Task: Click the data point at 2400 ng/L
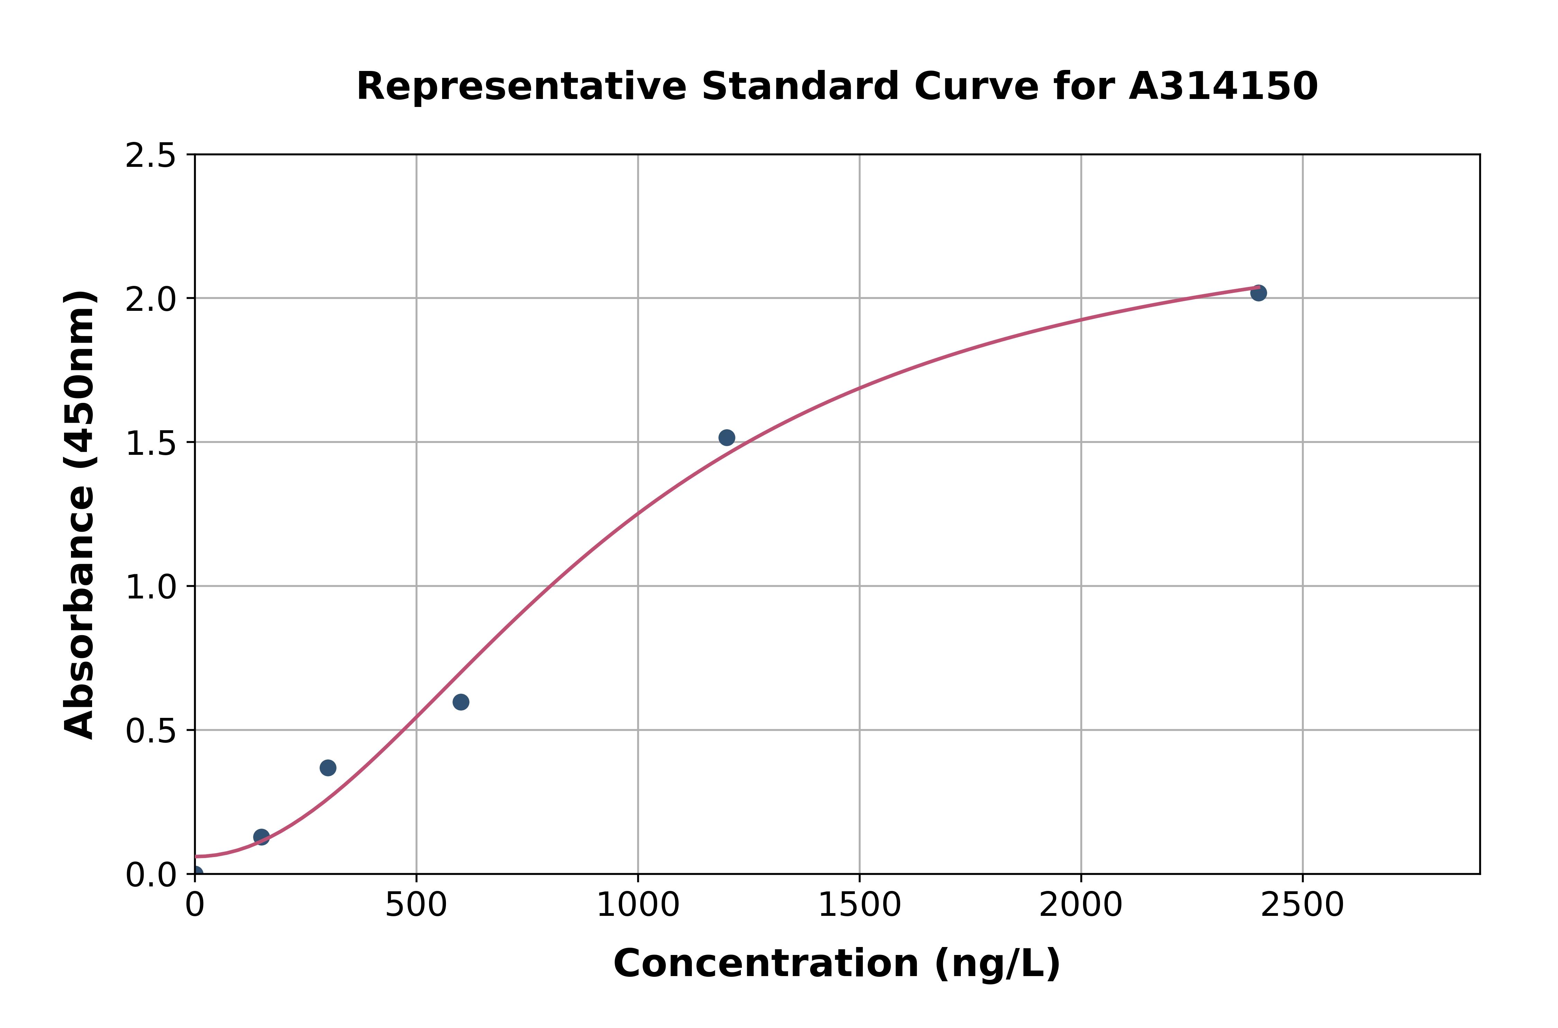1258,293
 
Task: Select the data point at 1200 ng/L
726,437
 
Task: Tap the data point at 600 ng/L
461,702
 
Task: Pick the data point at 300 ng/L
328,768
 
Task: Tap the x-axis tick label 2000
1081,905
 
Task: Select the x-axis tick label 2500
1302,905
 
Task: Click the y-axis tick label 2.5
151,156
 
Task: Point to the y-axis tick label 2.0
151,300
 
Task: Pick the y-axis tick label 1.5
151,443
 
